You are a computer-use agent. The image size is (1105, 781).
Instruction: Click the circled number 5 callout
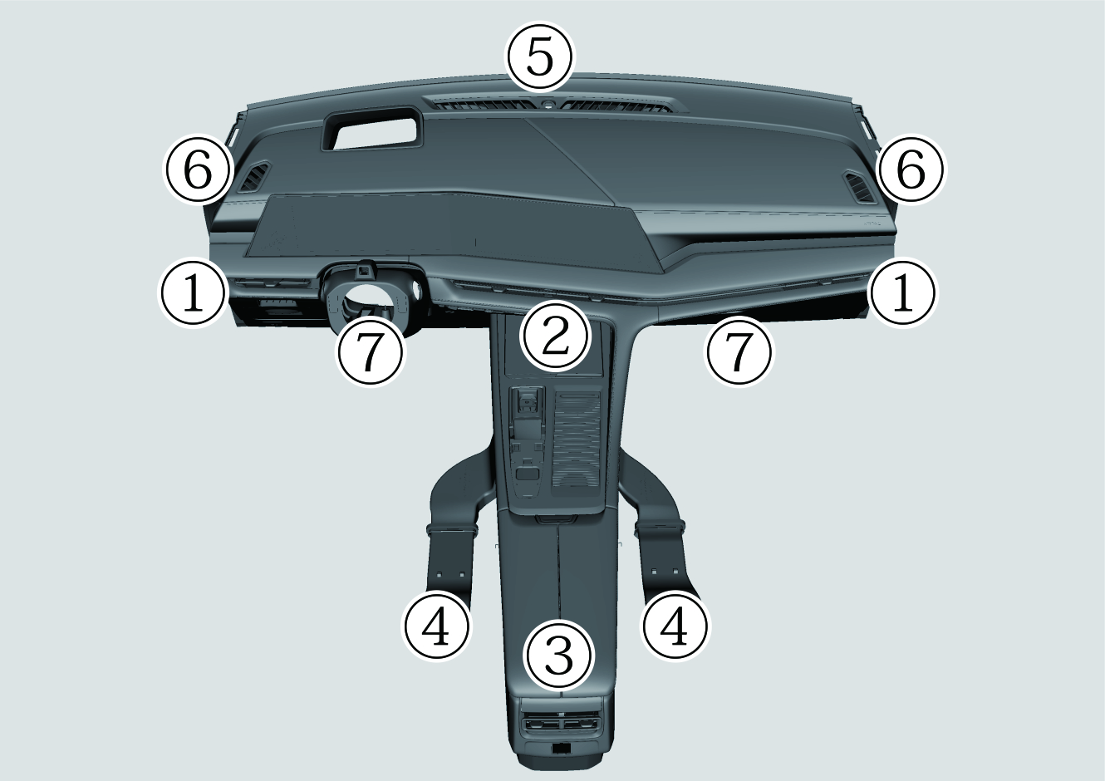tap(540, 56)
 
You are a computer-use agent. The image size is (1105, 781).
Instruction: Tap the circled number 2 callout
tap(556, 336)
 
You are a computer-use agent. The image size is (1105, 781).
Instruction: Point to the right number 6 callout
tap(911, 169)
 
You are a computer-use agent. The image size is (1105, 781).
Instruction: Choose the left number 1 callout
tap(194, 292)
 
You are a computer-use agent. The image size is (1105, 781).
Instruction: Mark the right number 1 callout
tap(903, 292)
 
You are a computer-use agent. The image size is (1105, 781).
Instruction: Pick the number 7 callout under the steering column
tap(370, 351)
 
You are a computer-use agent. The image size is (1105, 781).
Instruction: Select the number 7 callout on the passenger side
tap(739, 351)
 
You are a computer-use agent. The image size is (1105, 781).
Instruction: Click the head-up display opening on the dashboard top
tap(373, 128)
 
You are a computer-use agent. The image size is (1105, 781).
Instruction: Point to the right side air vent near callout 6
tap(859, 188)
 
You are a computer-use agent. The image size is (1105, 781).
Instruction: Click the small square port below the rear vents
tap(561, 761)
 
